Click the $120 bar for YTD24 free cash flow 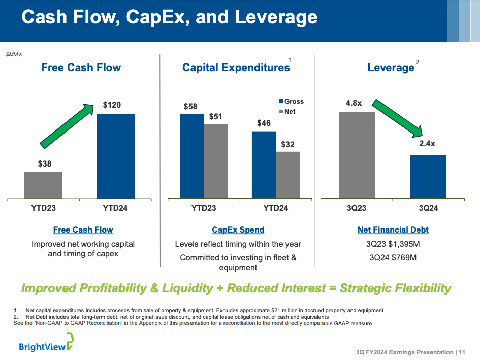pyautogui.click(x=115, y=155)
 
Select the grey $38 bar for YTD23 pyautogui.click(x=43, y=185)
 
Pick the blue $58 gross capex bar pyautogui.click(x=191, y=155)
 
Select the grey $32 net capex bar pyautogui.click(x=287, y=175)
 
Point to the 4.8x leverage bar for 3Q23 pyautogui.click(x=357, y=154)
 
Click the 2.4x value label pyautogui.click(x=427, y=144)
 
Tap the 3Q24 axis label pyautogui.click(x=428, y=208)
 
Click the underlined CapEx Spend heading pyautogui.click(x=238, y=230)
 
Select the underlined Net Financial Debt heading pyautogui.click(x=393, y=230)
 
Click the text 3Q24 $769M pyautogui.click(x=393, y=257)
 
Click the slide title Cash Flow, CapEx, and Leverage pyautogui.click(x=170, y=17)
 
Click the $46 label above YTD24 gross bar pyautogui.click(x=264, y=123)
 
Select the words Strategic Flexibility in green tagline pyautogui.click(x=395, y=289)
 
